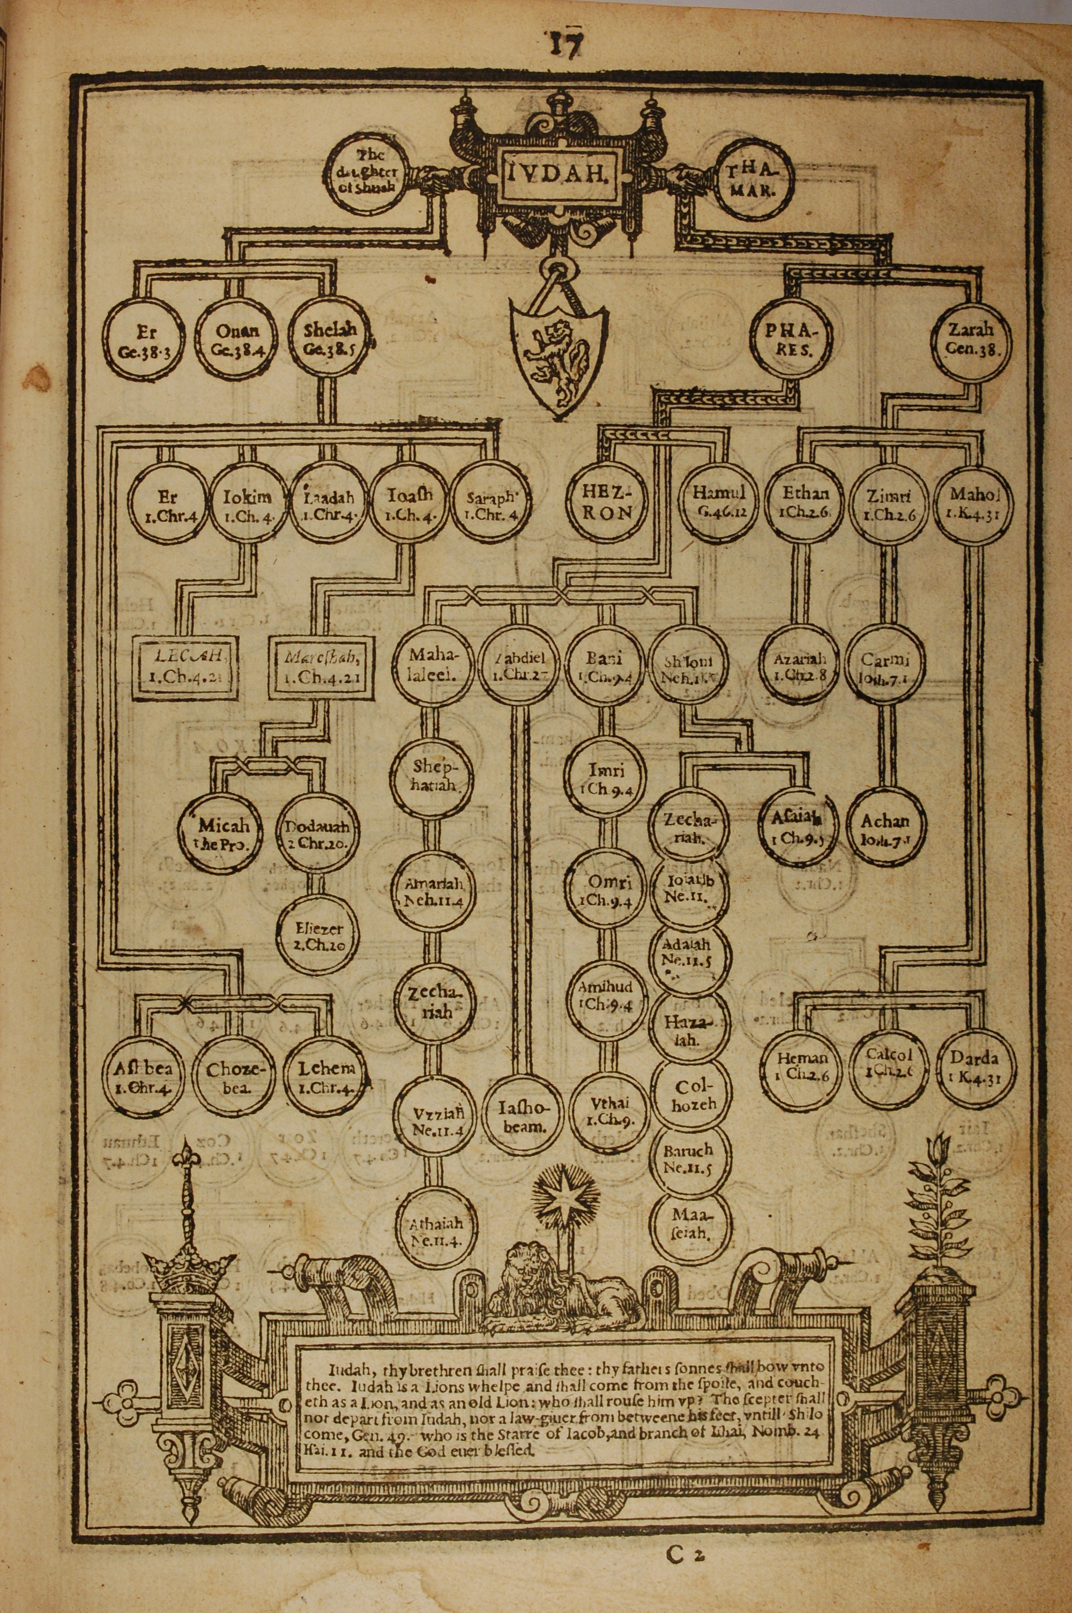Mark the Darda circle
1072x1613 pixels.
[973, 1067]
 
